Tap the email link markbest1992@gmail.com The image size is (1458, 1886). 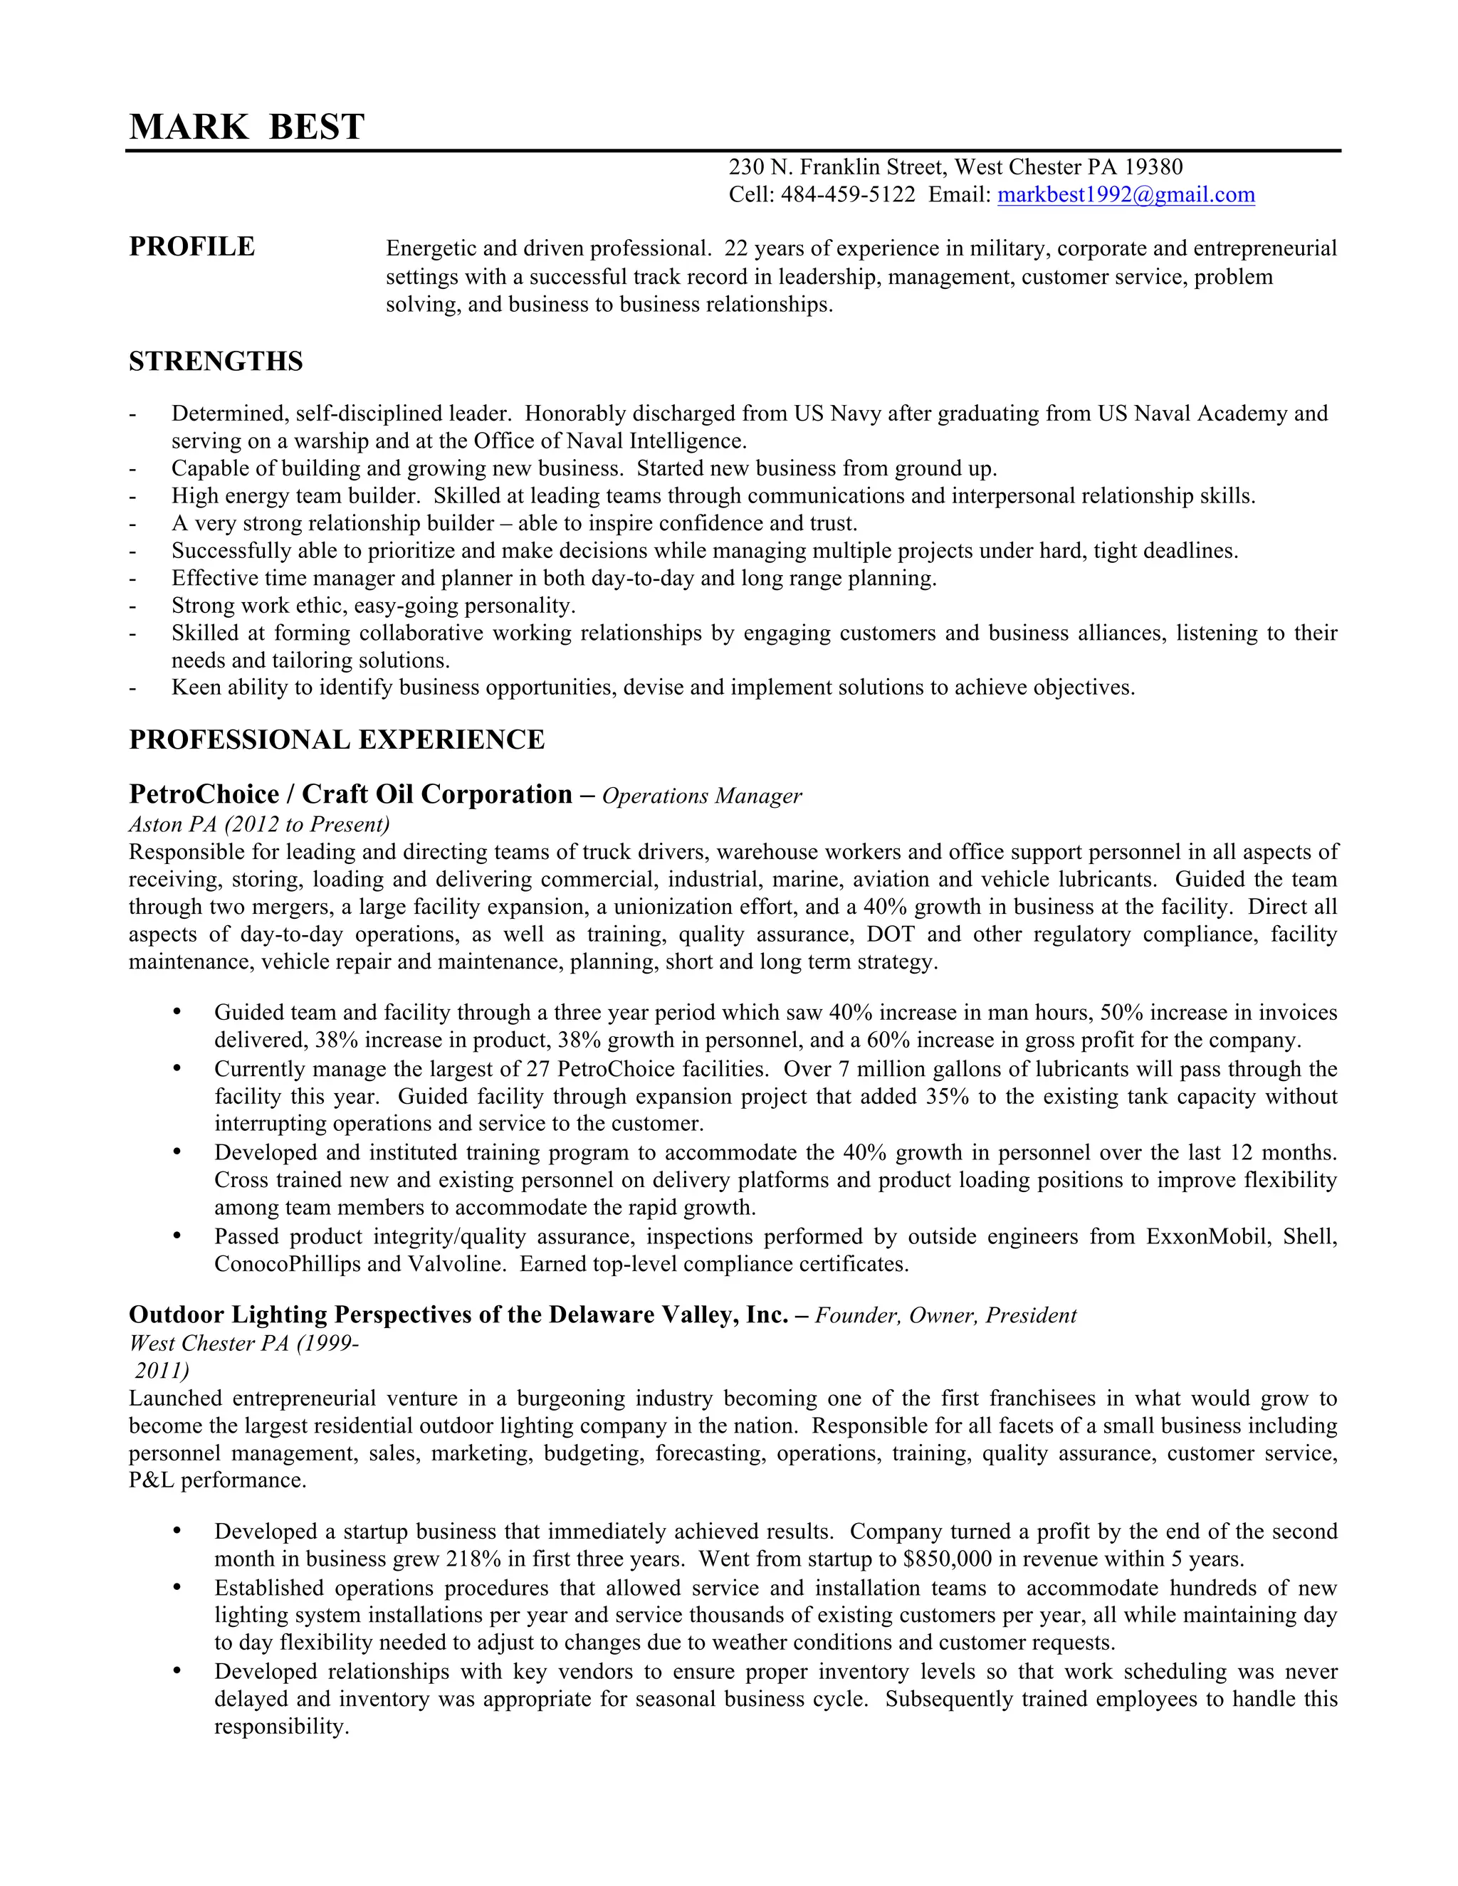pos(1126,195)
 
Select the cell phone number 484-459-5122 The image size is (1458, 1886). pos(847,195)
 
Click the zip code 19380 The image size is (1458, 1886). pos(1153,167)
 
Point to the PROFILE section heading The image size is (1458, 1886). pos(192,247)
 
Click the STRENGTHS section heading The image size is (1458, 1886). pos(216,361)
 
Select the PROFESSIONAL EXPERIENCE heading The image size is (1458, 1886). pos(337,740)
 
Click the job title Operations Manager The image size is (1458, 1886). pos(701,796)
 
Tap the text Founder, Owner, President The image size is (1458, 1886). pos(946,1315)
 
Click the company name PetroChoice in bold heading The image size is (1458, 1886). pos(204,794)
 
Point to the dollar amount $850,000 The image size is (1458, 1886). pos(952,1559)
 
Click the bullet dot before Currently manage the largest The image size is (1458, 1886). pos(177,1068)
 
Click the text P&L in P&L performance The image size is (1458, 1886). pos(151,1480)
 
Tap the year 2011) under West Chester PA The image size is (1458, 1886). pos(162,1371)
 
